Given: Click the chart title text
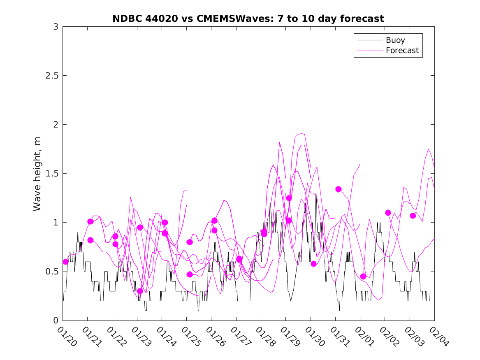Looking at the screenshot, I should tap(248, 19).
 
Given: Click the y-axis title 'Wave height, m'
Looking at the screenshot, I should tap(37, 174).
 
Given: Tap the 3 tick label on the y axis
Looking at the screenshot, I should tap(56, 27).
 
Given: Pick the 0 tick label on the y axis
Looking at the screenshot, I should tap(56, 321).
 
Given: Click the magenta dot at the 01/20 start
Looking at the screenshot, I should tap(66, 262).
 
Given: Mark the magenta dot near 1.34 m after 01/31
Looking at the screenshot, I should tap(339, 189).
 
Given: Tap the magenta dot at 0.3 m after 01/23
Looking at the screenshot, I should tap(140, 291).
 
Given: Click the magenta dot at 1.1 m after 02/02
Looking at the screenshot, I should tap(388, 213).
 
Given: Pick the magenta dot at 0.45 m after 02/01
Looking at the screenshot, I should tap(363, 276).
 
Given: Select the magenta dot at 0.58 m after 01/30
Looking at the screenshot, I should tap(313, 264).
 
